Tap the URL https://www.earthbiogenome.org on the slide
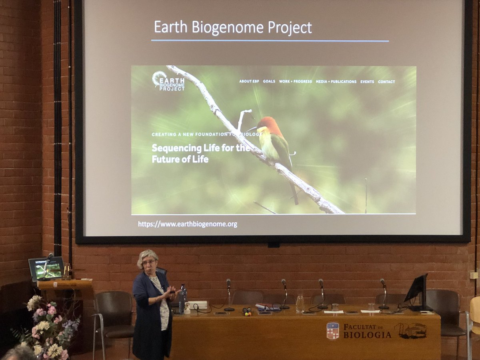(x=188, y=224)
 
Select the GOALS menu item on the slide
(x=269, y=82)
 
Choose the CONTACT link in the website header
(x=386, y=82)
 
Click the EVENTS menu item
(x=367, y=82)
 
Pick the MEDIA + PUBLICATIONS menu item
(x=336, y=82)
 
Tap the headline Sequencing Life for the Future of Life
(x=200, y=153)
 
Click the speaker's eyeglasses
(x=149, y=262)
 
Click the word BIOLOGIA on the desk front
(x=367, y=335)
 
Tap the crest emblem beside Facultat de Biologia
(x=332, y=331)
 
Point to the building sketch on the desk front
(x=410, y=330)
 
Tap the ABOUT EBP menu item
(x=249, y=82)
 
